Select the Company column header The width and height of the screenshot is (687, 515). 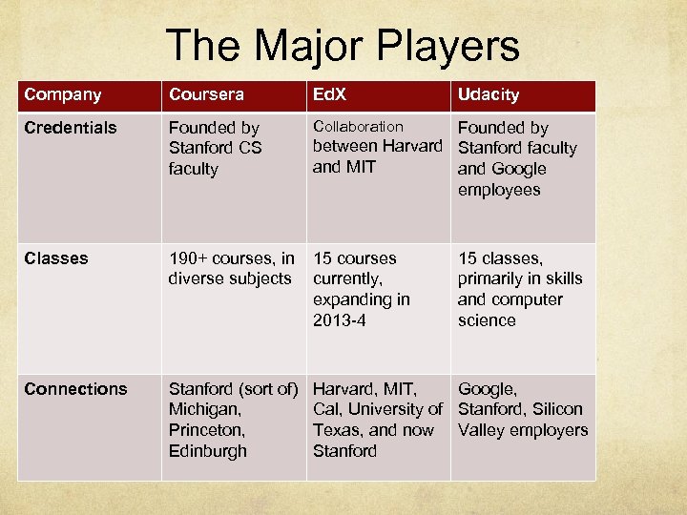click(x=63, y=94)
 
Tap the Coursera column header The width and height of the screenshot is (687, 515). click(x=206, y=94)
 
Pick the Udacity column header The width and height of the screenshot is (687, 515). click(x=489, y=94)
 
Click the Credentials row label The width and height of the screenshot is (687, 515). click(x=71, y=128)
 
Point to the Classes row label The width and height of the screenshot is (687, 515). click(x=56, y=258)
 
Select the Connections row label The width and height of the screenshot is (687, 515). click(x=75, y=389)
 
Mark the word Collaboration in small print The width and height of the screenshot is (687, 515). click(x=358, y=126)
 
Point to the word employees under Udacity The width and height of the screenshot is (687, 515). click(x=499, y=190)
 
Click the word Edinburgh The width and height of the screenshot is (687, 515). click(x=207, y=451)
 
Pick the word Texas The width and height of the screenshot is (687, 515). click(x=337, y=430)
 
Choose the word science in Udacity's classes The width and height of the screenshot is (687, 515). click(x=487, y=320)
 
